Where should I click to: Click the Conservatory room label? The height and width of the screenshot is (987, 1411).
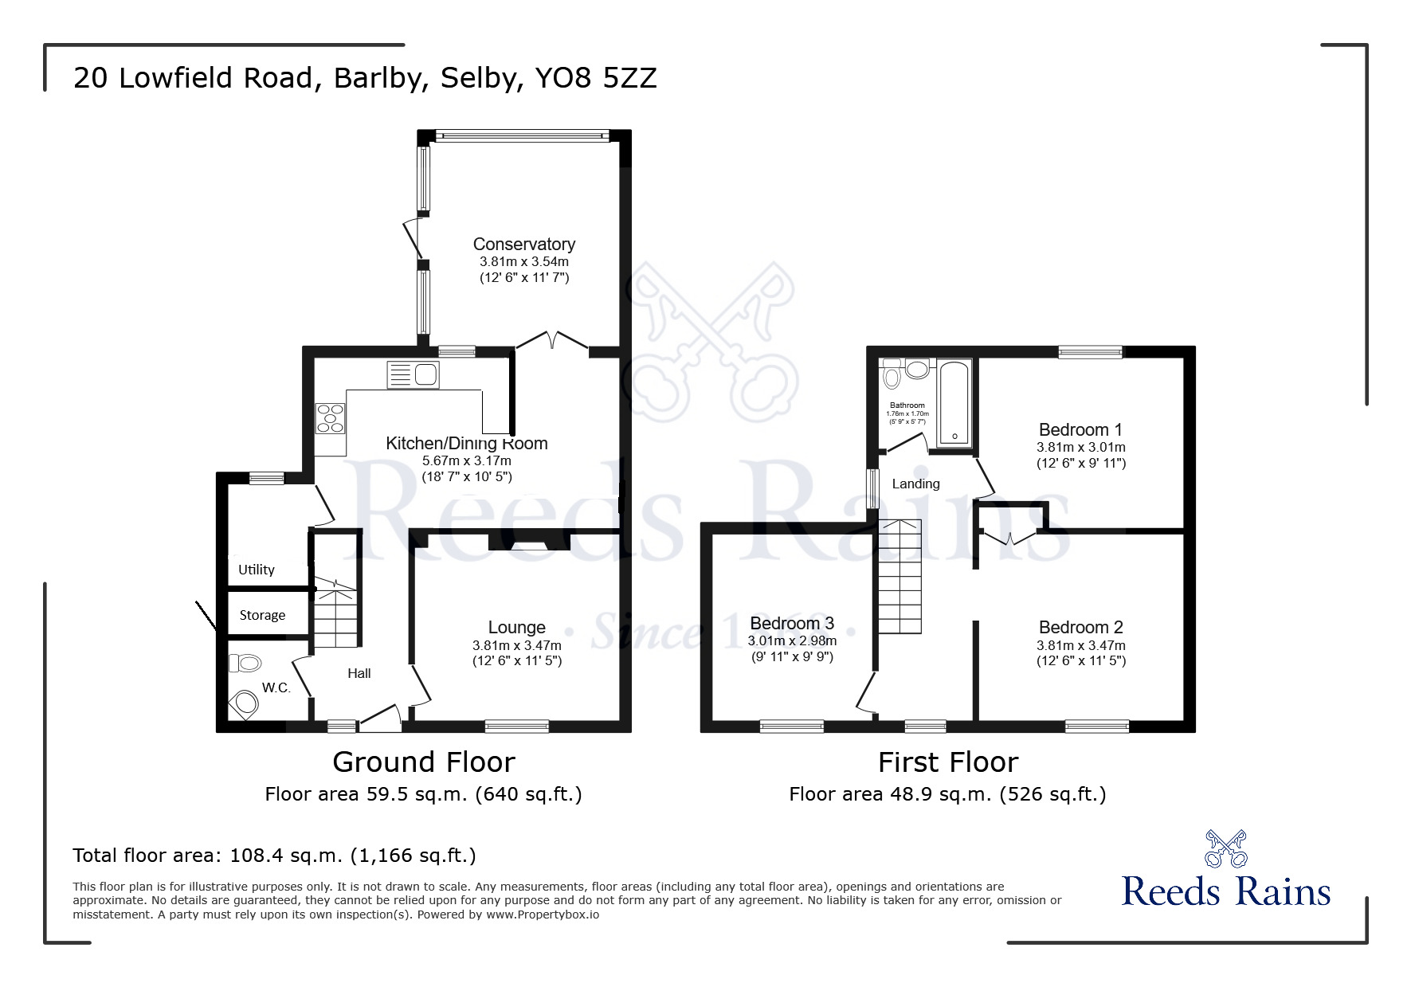click(x=523, y=245)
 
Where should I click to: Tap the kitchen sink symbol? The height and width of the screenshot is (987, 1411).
click(x=413, y=374)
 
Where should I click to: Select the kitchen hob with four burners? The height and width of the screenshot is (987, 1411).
click(x=331, y=418)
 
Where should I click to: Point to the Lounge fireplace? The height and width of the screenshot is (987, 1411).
click(x=529, y=545)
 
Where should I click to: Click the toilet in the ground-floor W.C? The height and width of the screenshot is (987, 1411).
click(x=245, y=663)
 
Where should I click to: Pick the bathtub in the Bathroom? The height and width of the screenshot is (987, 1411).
click(x=954, y=402)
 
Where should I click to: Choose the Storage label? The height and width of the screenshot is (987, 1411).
click(x=262, y=615)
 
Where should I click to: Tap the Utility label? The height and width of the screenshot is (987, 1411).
click(x=256, y=570)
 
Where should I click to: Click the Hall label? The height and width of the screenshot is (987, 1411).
click(x=359, y=674)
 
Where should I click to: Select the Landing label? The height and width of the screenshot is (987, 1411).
click(x=915, y=484)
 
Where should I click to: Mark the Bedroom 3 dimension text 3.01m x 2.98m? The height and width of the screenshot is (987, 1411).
click(x=792, y=641)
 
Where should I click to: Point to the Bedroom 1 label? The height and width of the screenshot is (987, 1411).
click(x=1080, y=430)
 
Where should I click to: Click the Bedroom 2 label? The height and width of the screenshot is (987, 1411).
click(x=1080, y=628)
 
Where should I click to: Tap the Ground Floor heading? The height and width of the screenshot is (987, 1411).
click(x=423, y=762)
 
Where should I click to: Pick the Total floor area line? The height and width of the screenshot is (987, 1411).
click(x=274, y=856)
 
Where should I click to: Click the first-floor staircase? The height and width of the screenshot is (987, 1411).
click(x=900, y=576)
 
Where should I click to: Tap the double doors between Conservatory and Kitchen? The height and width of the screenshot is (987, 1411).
click(x=552, y=343)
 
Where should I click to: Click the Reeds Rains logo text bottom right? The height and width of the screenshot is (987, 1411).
click(x=1225, y=891)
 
